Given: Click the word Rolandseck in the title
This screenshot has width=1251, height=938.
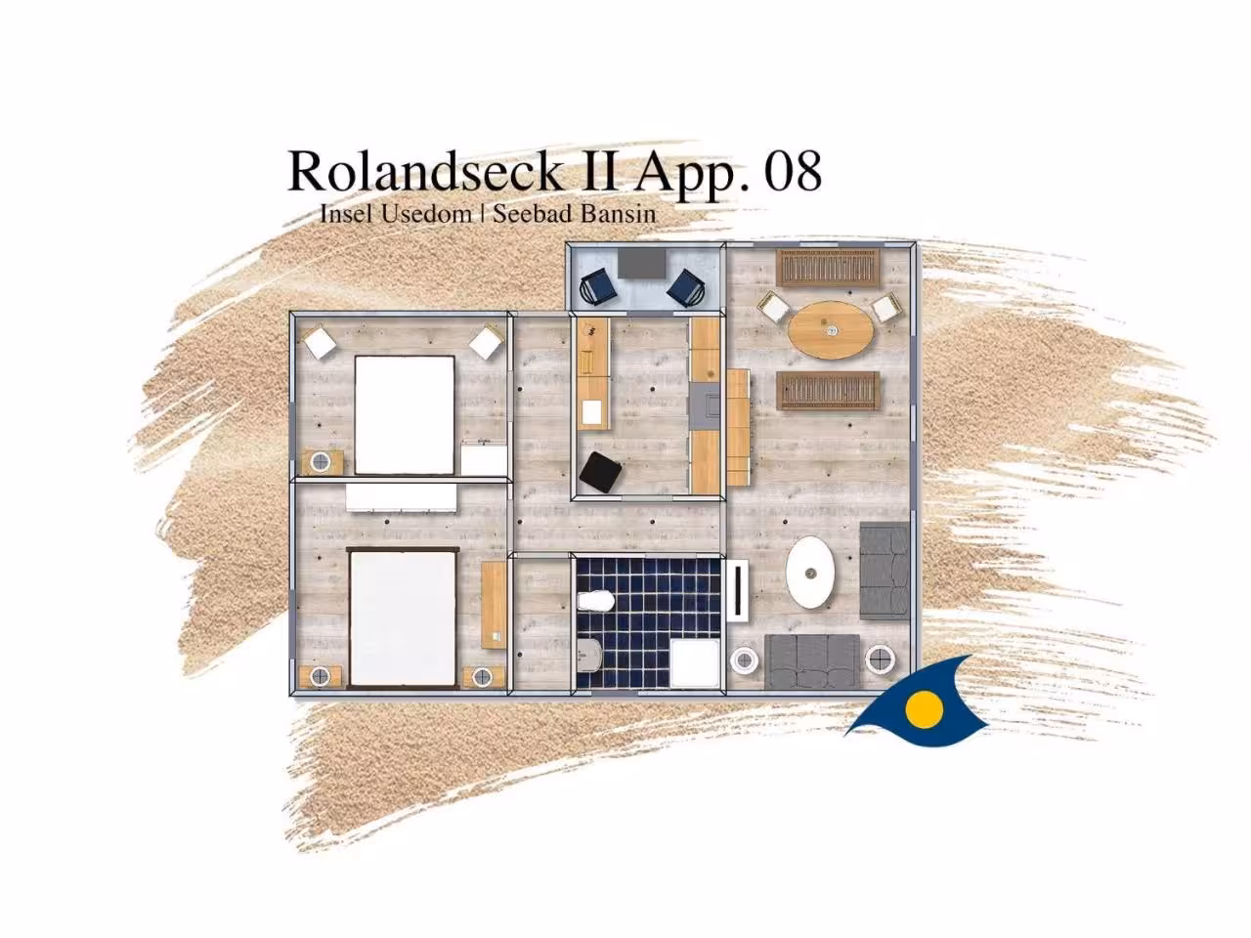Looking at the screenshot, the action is (x=425, y=170).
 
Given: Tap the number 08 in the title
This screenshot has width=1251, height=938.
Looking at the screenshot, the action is (x=793, y=170).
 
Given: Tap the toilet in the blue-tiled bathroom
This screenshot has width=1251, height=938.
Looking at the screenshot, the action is (x=596, y=601).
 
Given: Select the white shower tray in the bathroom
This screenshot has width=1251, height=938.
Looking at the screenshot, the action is (x=695, y=662).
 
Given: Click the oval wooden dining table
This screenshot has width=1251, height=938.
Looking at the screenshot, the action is (x=831, y=330).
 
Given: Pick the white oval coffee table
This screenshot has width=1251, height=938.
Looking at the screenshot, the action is (x=810, y=573).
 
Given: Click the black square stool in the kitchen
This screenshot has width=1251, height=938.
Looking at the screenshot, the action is (x=601, y=473).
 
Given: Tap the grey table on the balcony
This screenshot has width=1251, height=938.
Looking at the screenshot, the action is (x=642, y=263).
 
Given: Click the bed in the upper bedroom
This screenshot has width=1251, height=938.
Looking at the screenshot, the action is (x=405, y=414).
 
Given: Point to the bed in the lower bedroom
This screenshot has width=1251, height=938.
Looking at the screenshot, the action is (x=404, y=618).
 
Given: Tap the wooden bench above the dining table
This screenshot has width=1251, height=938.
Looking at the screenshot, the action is (x=828, y=269).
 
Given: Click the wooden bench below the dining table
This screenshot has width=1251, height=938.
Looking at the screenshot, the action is (x=828, y=390).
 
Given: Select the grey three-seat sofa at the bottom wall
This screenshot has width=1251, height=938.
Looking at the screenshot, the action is (x=811, y=661).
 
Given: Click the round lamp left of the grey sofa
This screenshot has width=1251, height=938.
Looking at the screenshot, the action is (x=745, y=661).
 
